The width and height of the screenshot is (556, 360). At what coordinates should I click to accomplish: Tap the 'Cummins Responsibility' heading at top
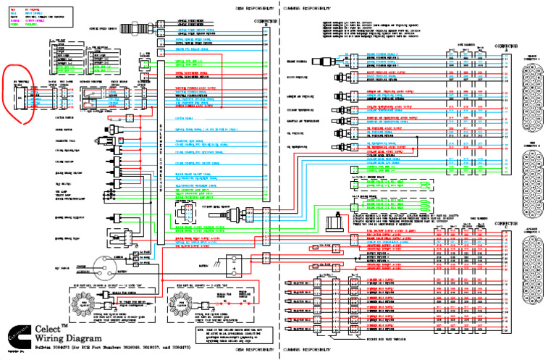[305, 6]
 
